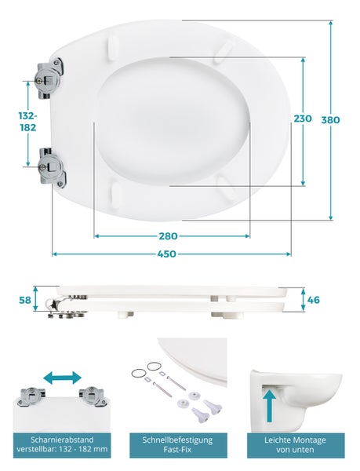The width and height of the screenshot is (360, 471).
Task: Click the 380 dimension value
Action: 331,120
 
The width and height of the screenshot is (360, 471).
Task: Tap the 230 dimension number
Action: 303,119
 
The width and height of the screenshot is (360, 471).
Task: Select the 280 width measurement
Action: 168,236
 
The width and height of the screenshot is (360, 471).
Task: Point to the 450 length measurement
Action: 166,254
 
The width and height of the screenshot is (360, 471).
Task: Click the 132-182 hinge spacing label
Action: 28,122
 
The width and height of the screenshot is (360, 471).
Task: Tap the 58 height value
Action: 25,300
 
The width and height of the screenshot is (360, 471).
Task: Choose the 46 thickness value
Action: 314,300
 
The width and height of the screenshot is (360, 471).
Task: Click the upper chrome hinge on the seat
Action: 50,78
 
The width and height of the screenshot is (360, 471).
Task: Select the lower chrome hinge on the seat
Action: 53,166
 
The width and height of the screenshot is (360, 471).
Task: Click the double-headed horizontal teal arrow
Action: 62,378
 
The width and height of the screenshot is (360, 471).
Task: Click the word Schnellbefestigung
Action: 177,440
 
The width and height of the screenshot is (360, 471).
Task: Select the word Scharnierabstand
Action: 62,440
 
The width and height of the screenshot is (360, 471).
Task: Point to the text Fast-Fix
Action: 177,450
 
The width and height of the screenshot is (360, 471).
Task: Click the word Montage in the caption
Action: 311,440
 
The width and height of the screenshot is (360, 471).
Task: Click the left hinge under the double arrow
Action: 31,397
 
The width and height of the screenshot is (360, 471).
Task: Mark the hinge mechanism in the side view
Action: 66,306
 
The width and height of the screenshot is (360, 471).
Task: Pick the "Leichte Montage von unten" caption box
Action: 296,445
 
